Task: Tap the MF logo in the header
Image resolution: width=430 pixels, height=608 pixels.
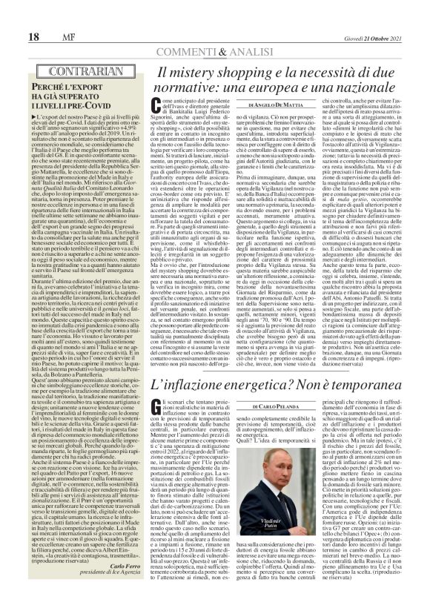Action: pyautogui.click(x=46, y=16)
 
